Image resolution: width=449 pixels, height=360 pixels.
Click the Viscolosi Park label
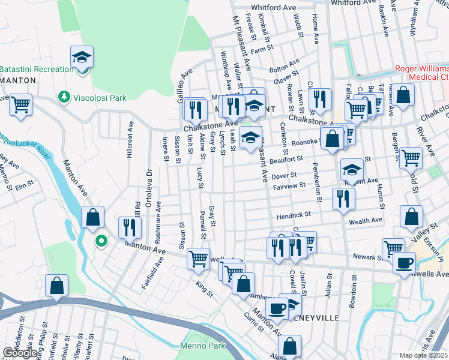tap(100, 97)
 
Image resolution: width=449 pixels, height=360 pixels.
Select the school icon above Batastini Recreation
tap(82, 58)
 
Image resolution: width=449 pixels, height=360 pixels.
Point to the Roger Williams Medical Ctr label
tap(420, 73)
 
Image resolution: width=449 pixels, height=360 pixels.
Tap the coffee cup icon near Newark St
tap(404, 262)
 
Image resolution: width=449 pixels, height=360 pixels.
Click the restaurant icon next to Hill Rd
tap(130, 227)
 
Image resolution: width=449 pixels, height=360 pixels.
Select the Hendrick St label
tap(293, 214)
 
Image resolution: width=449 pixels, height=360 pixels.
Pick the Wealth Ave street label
tap(366, 221)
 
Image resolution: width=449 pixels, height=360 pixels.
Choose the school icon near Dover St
tap(352, 170)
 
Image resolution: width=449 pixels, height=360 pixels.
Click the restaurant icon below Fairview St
tap(343, 199)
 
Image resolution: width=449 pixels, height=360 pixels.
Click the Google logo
tap(20, 353)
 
